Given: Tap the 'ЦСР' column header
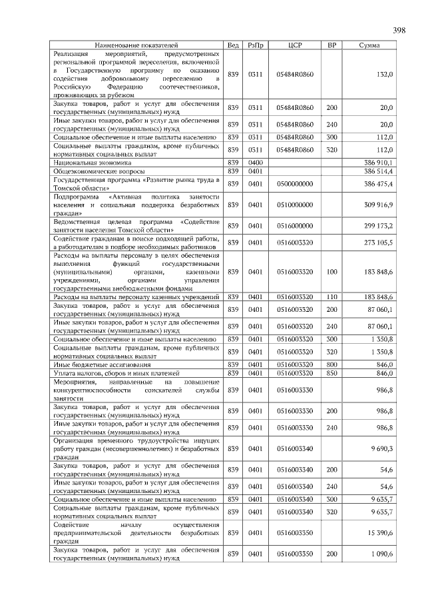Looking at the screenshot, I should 295,45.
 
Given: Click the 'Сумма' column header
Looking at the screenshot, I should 369,45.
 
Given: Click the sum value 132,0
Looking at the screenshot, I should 385,75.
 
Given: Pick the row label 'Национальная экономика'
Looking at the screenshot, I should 93,162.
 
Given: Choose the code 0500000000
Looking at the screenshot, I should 295,183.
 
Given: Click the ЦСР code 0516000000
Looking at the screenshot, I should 295,226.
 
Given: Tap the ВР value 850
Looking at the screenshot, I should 331,373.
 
